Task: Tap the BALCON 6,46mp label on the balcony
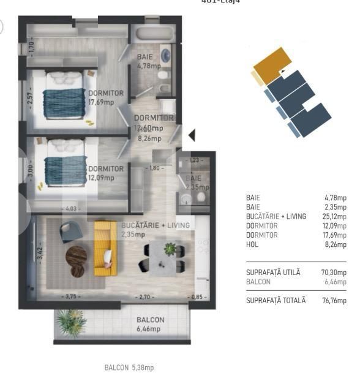149,324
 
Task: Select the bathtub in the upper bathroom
154,34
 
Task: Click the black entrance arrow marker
191,135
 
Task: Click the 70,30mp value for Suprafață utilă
335,272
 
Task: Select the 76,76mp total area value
335,300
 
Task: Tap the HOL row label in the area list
252,244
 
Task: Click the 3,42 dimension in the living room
41,252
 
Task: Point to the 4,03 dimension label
72,209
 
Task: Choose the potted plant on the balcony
70,322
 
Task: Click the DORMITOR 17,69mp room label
106,97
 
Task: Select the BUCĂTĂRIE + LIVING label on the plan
156,225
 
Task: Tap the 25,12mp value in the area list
335,216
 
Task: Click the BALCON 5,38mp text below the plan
129,368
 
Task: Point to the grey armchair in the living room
71,231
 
